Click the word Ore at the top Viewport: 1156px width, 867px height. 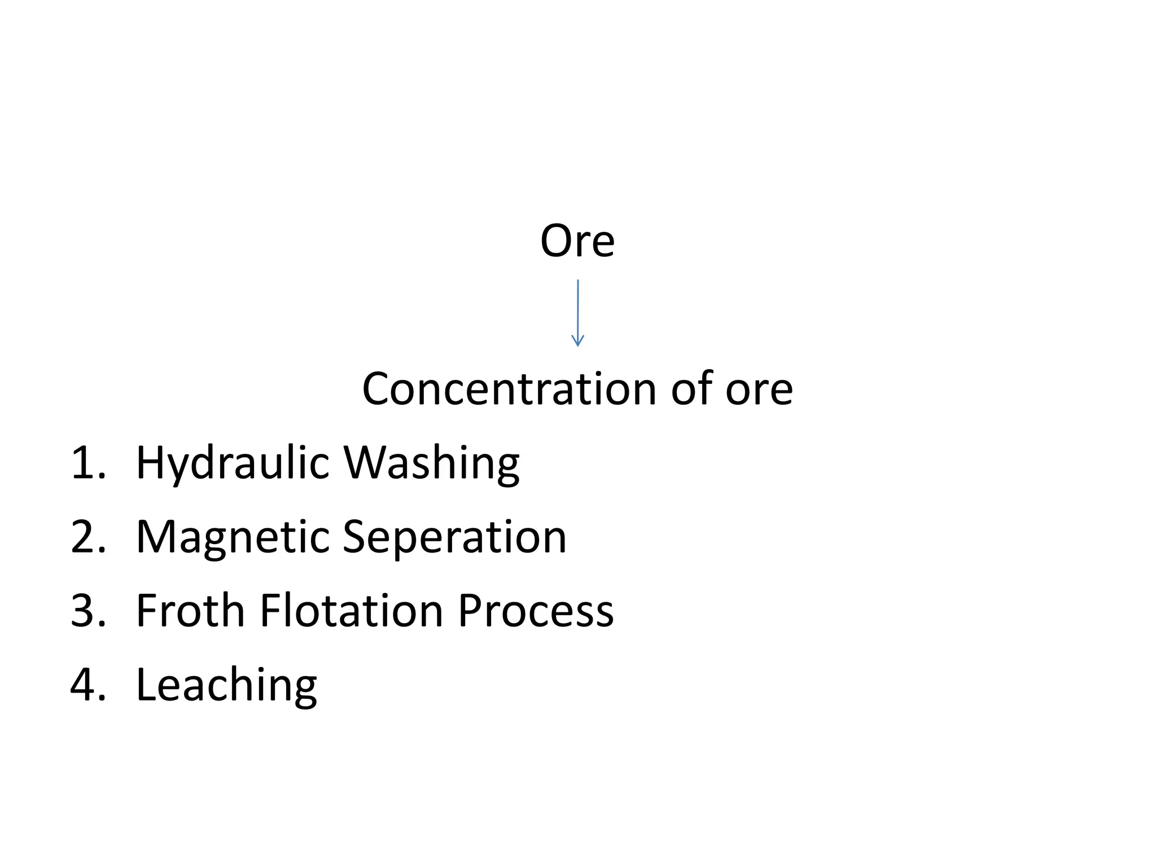click(577, 241)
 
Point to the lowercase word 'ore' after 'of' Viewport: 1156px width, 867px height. click(759, 390)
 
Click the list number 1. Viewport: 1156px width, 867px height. click(87, 463)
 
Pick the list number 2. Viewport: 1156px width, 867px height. click(88, 537)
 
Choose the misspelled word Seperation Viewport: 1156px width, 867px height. click(454, 538)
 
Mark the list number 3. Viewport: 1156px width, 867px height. click(88, 611)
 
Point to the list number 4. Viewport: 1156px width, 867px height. click(88, 685)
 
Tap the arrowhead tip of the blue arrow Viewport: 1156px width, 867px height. click(577, 345)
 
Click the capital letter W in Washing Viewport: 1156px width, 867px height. click(367, 463)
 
